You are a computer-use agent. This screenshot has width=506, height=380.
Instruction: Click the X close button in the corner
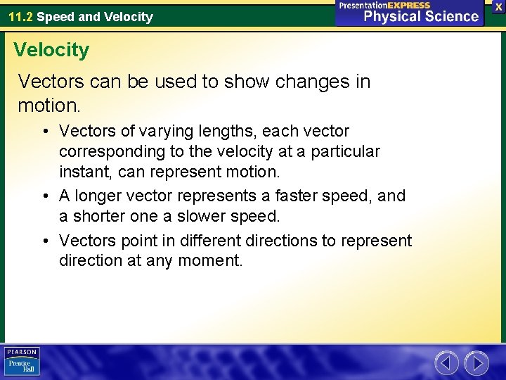[498, 6]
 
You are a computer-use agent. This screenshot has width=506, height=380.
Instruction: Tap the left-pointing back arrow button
[446, 363]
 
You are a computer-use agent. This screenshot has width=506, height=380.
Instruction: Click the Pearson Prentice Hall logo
[22, 362]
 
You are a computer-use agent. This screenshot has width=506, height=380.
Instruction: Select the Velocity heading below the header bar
[51, 50]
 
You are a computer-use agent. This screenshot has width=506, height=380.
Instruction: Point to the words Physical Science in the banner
[421, 16]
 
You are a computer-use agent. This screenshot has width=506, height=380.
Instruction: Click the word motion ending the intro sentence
[47, 106]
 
